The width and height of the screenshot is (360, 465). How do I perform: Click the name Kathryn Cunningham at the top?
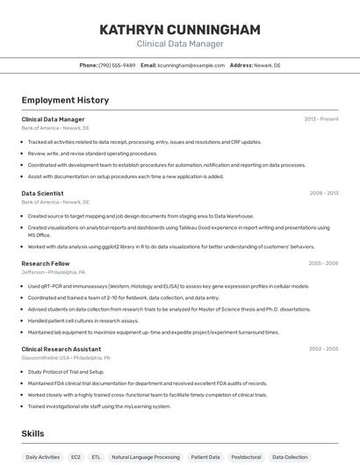pos(180,30)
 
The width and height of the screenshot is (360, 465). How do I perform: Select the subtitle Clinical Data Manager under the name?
pos(180,44)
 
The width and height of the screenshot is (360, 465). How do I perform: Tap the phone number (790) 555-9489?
pos(117,65)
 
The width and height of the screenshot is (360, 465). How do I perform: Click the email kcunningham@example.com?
pos(191,65)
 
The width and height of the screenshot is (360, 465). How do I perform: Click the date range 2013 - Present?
pos(320,118)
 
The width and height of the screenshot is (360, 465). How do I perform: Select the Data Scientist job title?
pos(42,193)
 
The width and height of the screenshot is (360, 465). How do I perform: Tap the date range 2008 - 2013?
pos(323,193)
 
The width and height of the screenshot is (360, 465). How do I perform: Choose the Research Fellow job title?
pos(46,263)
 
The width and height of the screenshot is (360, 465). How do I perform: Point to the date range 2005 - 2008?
pos(323,263)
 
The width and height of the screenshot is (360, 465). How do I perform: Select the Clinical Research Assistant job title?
pos(61,349)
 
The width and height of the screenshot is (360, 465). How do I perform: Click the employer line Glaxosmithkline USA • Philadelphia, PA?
pos(66,358)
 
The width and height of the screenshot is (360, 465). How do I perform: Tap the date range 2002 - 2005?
pos(323,349)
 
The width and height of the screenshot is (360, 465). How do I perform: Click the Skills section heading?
pos(32,433)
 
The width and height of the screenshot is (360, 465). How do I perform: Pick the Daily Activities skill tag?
pos(43,457)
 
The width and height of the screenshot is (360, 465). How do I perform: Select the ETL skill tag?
pos(96,457)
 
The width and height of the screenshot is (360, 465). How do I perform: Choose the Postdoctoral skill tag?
pos(246,457)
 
